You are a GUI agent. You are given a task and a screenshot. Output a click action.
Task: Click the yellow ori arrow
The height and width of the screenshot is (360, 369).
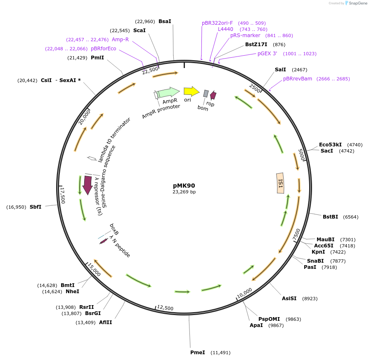(x=192, y=91)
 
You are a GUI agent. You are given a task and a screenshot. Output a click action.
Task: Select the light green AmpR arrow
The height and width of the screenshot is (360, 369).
(x=168, y=92)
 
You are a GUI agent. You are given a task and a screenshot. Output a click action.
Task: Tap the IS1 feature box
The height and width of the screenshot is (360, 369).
(x=280, y=183)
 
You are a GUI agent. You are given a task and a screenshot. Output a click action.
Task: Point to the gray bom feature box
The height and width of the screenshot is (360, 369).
(x=206, y=93)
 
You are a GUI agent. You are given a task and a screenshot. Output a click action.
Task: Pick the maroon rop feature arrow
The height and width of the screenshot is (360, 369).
(x=213, y=95)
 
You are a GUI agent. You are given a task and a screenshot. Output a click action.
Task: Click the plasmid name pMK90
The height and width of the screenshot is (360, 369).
(x=184, y=186)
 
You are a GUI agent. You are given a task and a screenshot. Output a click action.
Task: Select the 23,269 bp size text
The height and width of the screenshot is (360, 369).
(x=184, y=192)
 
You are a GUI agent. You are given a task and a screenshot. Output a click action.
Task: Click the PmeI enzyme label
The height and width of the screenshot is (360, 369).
(x=198, y=353)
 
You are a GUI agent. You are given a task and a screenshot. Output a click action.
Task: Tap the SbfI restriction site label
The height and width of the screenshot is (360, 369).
(x=35, y=207)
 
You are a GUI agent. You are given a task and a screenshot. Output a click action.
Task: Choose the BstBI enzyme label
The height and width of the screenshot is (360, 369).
(x=330, y=217)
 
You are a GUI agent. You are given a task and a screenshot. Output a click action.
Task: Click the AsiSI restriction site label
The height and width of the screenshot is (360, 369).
(x=289, y=299)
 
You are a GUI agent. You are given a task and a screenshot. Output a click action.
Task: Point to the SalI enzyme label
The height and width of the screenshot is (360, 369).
(x=280, y=70)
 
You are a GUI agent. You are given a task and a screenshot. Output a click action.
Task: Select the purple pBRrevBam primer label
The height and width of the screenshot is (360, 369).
(x=298, y=79)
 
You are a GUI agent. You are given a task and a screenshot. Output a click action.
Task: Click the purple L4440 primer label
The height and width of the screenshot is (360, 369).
(x=225, y=29)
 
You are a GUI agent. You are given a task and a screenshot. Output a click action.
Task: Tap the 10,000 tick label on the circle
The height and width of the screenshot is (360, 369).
(x=244, y=293)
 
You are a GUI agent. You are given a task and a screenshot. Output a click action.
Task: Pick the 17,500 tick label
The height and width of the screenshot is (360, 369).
(x=63, y=195)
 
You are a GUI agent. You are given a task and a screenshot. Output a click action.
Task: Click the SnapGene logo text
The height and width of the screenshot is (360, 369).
(x=358, y=3)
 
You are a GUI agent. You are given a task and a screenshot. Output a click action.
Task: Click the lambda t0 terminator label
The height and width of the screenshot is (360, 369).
(x=114, y=140)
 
